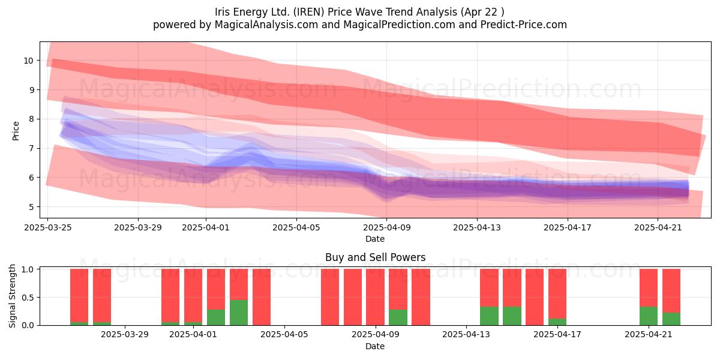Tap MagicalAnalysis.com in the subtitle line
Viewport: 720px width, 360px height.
266,25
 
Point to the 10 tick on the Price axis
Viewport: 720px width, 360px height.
28,61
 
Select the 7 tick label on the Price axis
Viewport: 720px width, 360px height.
31,148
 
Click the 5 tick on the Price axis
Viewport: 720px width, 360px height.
31,206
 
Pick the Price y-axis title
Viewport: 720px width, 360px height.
16,131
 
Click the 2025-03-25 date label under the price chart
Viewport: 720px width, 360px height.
48,227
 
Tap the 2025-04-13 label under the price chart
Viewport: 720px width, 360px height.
477,227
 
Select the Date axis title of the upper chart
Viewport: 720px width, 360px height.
375,239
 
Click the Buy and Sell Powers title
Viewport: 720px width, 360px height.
375,257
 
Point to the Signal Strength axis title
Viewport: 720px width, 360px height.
12,296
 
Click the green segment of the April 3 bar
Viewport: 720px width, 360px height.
239,313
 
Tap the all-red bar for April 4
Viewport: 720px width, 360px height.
262,297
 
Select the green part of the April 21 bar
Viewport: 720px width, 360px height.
649,316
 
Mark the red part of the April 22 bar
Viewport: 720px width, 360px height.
671,290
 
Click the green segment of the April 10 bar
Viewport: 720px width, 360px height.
398,317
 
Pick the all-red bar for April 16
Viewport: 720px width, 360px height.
535,297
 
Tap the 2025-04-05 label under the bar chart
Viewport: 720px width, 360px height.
284,335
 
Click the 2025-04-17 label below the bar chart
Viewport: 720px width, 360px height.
557,335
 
